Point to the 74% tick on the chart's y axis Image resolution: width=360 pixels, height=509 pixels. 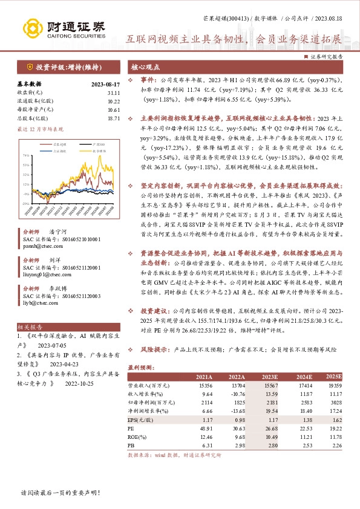point(26,155)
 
